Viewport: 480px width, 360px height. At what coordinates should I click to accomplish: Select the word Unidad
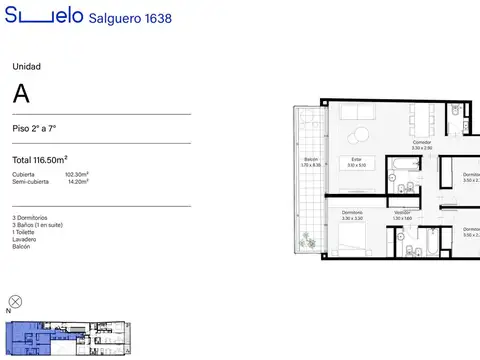tap(26, 67)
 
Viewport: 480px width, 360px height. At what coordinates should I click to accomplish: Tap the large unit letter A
tap(21, 95)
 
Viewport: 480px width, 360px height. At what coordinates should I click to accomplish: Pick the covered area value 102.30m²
tap(76, 175)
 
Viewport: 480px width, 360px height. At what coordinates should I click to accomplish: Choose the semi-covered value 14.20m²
tap(77, 182)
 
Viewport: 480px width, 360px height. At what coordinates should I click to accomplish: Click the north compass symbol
tap(15, 301)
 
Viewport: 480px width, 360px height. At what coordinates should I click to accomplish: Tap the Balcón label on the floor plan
tap(310, 162)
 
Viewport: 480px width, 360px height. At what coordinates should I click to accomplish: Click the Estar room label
tap(355, 162)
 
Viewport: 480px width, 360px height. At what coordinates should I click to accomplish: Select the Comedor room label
tap(422, 144)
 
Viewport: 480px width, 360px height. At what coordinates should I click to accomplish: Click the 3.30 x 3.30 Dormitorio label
tap(352, 216)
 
